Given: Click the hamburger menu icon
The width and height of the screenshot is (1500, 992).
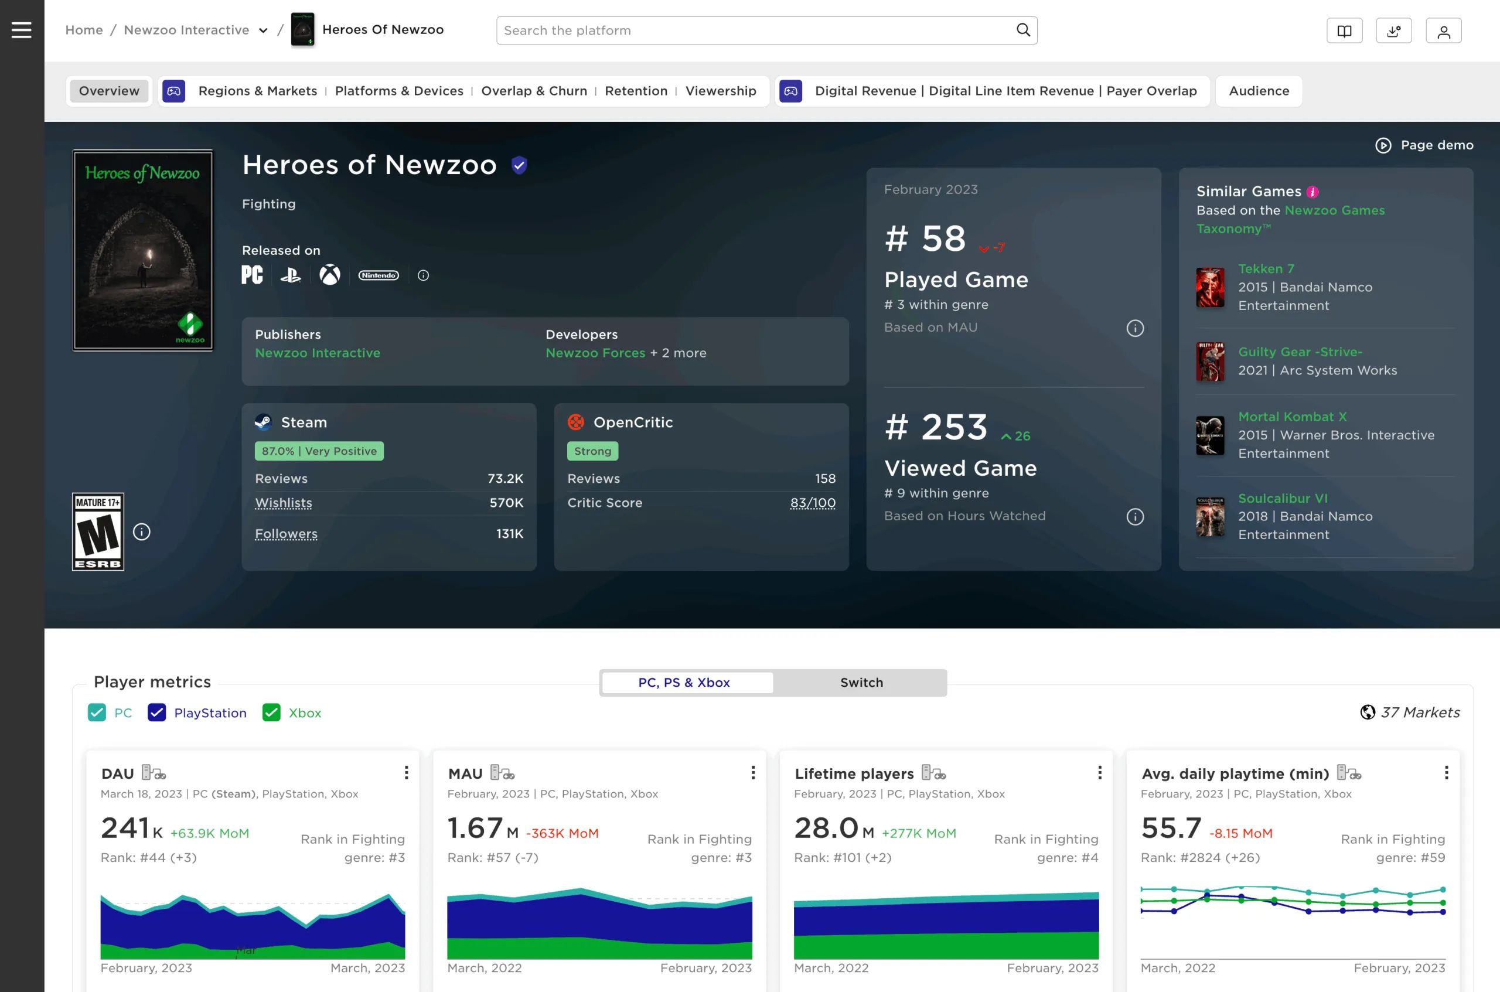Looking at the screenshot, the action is [x=22, y=30].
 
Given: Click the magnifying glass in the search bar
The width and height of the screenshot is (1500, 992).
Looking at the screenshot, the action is [x=1023, y=30].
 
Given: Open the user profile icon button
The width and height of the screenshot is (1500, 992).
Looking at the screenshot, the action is [x=1443, y=31].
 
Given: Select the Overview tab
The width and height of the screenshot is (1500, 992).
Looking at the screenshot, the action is [x=109, y=91].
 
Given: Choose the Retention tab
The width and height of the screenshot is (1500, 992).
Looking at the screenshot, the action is [x=636, y=91].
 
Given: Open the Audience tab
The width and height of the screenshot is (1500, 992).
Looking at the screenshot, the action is [x=1259, y=91].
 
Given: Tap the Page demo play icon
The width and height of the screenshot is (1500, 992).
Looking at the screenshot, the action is [x=1383, y=145].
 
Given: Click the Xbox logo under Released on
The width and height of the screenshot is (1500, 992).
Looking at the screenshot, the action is [x=330, y=275].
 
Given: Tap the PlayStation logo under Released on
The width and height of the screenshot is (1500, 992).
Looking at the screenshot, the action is [x=291, y=275].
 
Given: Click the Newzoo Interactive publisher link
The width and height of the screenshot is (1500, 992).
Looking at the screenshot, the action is [x=318, y=353].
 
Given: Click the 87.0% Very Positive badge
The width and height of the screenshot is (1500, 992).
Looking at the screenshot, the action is [x=319, y=451].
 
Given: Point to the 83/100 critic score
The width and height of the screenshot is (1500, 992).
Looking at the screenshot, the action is [x=812, y=503].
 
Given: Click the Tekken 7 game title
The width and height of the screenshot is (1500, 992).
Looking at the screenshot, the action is [x=1266, y=269].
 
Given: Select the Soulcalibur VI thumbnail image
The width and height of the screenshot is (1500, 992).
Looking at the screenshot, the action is [x=1210, y=517].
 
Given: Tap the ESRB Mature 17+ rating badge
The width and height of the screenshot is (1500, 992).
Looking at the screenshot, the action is [x=98, y=531].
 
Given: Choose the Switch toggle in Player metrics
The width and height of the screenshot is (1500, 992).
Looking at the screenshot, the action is [x=861, y=683].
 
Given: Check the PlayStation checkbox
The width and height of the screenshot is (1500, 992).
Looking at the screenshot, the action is [x=157, y=713].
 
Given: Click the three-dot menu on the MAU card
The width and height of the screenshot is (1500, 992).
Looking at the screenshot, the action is [x=753, y=772].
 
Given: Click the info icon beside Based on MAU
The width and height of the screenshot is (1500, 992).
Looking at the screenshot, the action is [x=1135, y=328].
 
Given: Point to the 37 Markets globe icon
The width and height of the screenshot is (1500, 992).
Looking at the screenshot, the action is [x=1367, y=713].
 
